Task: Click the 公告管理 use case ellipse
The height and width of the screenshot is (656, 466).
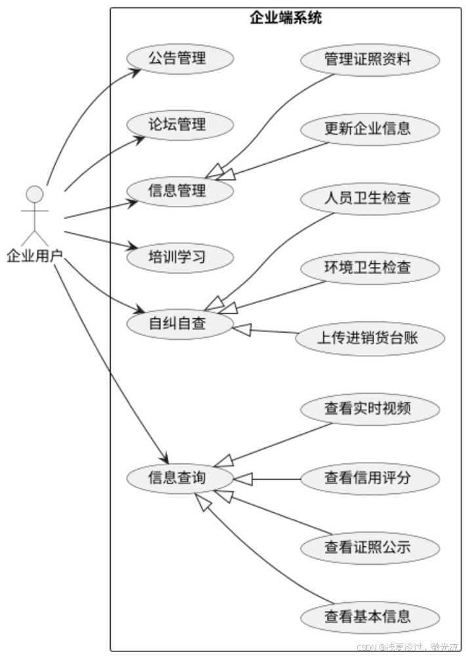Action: pos(177,58)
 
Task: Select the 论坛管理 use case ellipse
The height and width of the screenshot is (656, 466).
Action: pos(177,125)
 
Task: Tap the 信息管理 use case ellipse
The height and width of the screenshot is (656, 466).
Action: pos(177,191)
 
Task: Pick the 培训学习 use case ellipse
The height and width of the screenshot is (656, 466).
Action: pos(177,256)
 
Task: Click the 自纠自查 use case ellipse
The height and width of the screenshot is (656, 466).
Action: pos(177,323)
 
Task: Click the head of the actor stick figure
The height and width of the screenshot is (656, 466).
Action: pos(34,194)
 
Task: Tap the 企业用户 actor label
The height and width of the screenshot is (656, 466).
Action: pos(34,256)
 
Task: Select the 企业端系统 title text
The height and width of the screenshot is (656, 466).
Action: pos(286,18)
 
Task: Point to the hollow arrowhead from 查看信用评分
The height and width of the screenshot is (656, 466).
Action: pos(243,479)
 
